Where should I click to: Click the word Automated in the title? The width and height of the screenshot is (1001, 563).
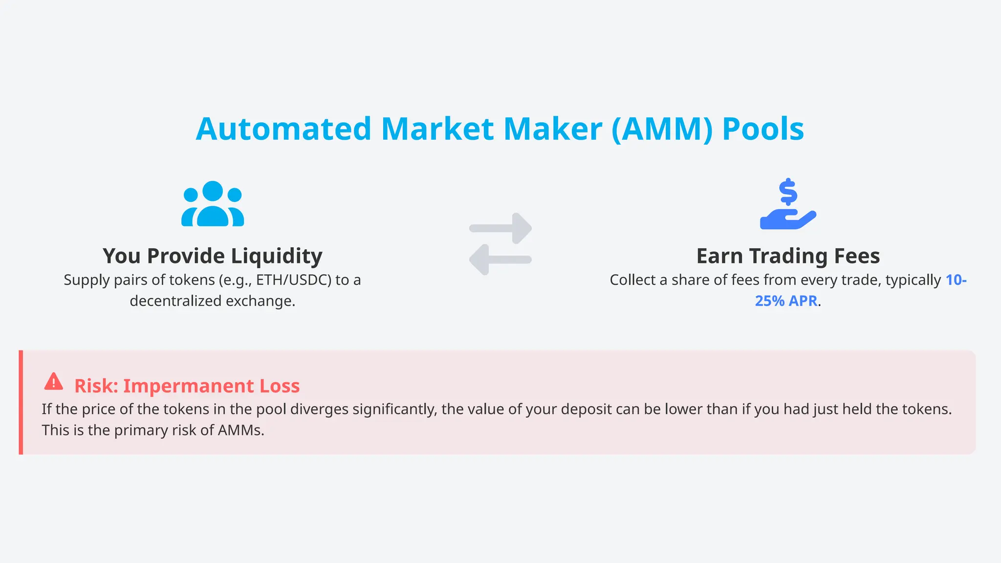click(283, 129)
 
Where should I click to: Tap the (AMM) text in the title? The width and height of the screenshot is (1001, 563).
click(662, 129)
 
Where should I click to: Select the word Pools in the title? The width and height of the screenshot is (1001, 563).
click(763, 129)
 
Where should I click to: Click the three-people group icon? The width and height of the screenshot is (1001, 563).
click(213, 204)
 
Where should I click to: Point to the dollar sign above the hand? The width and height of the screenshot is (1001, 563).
click(788, 192)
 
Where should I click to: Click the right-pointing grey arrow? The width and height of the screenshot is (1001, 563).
click(501, 228)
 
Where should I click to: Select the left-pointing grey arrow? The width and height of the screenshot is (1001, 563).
click(500, 260)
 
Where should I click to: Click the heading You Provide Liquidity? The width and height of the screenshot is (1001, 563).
click(213, 256)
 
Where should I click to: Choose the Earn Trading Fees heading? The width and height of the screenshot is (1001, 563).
click(788, 256)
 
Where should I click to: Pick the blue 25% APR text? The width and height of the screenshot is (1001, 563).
click(786, 301)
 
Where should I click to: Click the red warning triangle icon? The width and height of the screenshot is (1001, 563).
click(54, 382)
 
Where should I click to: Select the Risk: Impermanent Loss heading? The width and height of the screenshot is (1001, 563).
click(187, 386)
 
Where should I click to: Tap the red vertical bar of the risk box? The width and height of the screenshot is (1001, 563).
click(21, 402)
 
